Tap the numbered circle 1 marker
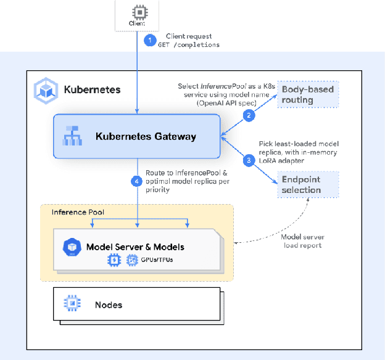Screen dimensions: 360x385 [x=149, y=41]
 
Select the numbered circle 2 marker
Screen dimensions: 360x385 [x=249, y=115]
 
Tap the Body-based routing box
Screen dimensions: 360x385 [x=308, y=95]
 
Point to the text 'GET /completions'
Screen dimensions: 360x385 [x=193, y=45]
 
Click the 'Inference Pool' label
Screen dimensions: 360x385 [x=77, y=212]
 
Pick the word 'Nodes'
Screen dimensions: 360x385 [x=109, y=305]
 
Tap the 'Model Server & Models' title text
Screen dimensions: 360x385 [x=135, y=247]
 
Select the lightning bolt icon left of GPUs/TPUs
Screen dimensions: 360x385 [x=114, y=261]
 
